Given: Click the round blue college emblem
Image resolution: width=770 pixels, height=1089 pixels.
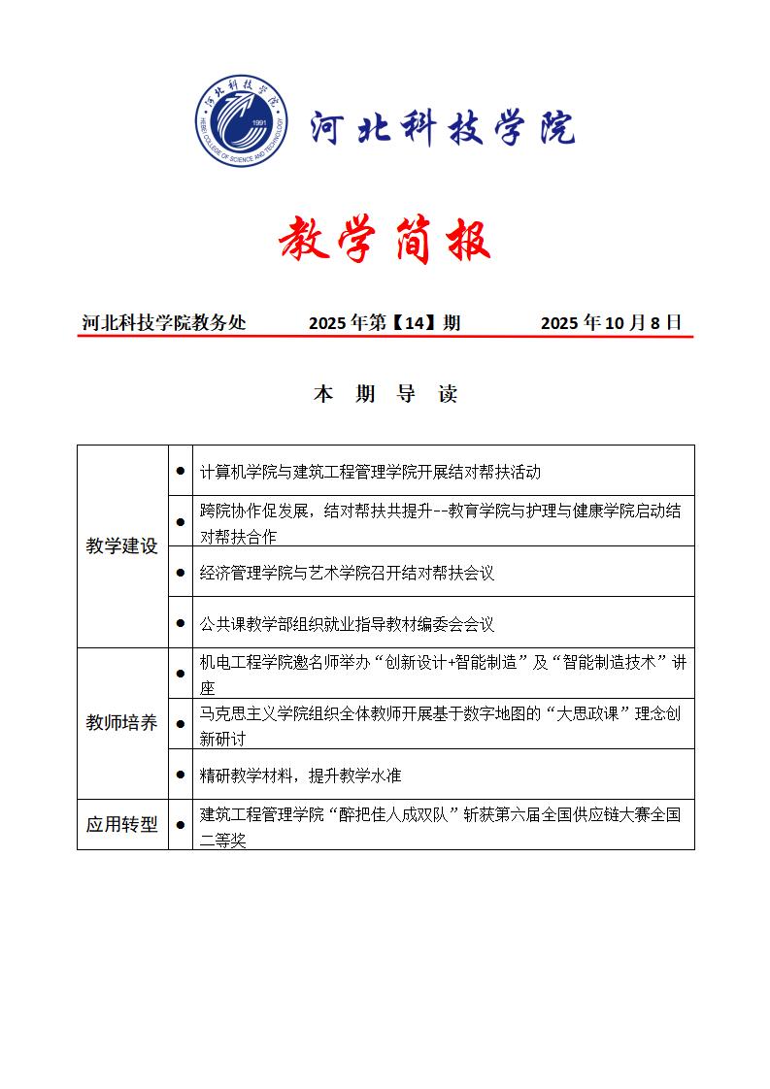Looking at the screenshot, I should [x=243, y=121].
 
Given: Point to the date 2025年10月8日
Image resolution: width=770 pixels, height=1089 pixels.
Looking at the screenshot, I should [x=611, y=323].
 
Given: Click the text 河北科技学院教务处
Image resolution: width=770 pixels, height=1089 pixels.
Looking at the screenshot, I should [x=164, y=323].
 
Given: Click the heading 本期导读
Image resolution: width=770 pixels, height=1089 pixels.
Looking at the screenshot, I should [x=385, y=394].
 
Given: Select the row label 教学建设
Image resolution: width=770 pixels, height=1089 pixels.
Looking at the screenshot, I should [x=121, y=545].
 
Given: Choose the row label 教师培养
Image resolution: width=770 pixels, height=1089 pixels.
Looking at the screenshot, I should [x=121, y=723].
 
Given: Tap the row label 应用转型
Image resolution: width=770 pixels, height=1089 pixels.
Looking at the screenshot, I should [x=121, y=825].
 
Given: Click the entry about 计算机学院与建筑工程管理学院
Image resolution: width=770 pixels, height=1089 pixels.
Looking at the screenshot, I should [x=370, y=472].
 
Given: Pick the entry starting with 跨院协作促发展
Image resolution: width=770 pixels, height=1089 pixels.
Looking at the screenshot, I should [x=440, y=521].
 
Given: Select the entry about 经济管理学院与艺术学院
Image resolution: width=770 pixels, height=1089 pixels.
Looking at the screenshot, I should [x=347, y=573].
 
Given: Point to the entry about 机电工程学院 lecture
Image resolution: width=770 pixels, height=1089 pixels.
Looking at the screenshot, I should [x=442, y=674].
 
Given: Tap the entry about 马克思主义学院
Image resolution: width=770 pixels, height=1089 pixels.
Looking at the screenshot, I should [x=440, y=724].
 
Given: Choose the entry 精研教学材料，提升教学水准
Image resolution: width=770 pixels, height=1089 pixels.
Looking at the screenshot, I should [x=300, y=775].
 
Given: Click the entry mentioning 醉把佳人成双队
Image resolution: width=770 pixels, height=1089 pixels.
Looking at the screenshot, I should [x=440, y=826].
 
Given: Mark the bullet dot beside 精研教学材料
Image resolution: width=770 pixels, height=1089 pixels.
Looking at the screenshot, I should [x=181, y=775].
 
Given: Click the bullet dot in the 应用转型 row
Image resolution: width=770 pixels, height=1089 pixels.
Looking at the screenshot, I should [x=181, y=825].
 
